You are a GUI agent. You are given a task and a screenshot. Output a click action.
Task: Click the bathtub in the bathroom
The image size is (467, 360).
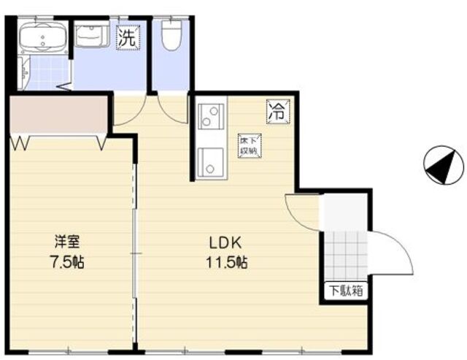coord(42,39)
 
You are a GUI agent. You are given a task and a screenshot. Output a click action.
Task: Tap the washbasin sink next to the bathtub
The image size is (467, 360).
coord(90,36)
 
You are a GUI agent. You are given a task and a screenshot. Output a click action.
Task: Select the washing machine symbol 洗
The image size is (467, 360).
coord(127,38)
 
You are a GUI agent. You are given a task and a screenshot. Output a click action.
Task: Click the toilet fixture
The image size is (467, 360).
coord(171,35)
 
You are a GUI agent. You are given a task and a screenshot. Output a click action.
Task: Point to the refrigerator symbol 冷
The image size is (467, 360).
coord(277,112)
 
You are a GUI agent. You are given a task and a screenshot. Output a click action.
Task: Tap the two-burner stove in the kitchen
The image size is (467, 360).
coord(210,116)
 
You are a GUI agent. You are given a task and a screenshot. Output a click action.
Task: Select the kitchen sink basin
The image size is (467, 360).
coord(211,161)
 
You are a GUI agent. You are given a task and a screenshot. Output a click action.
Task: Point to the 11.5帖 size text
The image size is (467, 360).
coord(226,262)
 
